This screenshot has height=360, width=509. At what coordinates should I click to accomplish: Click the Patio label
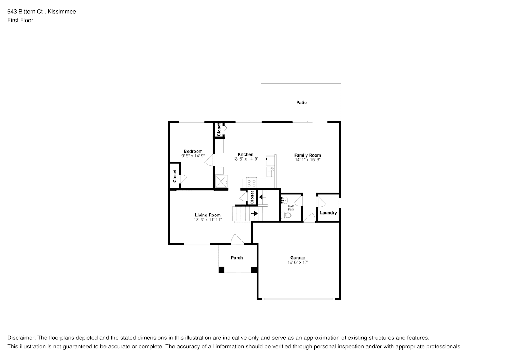pos(301,103)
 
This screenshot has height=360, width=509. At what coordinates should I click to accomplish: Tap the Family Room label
pos(308,155)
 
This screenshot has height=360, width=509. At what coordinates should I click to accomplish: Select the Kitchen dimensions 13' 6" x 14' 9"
pos(246,159)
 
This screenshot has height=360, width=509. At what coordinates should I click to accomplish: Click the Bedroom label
pos(193,151)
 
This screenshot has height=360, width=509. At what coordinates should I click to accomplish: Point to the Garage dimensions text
pos(298,262)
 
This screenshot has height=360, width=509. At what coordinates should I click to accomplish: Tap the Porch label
pos(237,258)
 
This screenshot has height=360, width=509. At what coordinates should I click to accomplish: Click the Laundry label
pos(328,213)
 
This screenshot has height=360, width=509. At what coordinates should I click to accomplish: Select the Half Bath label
pos(291,208)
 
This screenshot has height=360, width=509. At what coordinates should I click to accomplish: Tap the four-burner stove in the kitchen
pos(252,183)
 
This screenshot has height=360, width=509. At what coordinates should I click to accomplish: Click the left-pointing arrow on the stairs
pos(262,197)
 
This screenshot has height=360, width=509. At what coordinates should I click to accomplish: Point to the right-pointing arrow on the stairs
pos(254,213)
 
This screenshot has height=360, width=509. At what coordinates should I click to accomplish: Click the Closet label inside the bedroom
pos(175,176)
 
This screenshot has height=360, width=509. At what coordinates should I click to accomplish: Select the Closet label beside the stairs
pos(252,197)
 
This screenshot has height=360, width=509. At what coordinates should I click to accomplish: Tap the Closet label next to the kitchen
pos(219,130)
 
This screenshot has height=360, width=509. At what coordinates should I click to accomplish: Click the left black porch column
pos(221,270)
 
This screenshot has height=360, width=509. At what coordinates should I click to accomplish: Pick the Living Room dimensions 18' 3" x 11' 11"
pos(208,220)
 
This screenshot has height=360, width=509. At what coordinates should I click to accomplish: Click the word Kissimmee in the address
pos(62,12)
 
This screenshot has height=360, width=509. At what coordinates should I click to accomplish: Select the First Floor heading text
pos(20,20)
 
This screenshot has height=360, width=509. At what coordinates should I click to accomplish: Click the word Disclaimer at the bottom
pos(22,338)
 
